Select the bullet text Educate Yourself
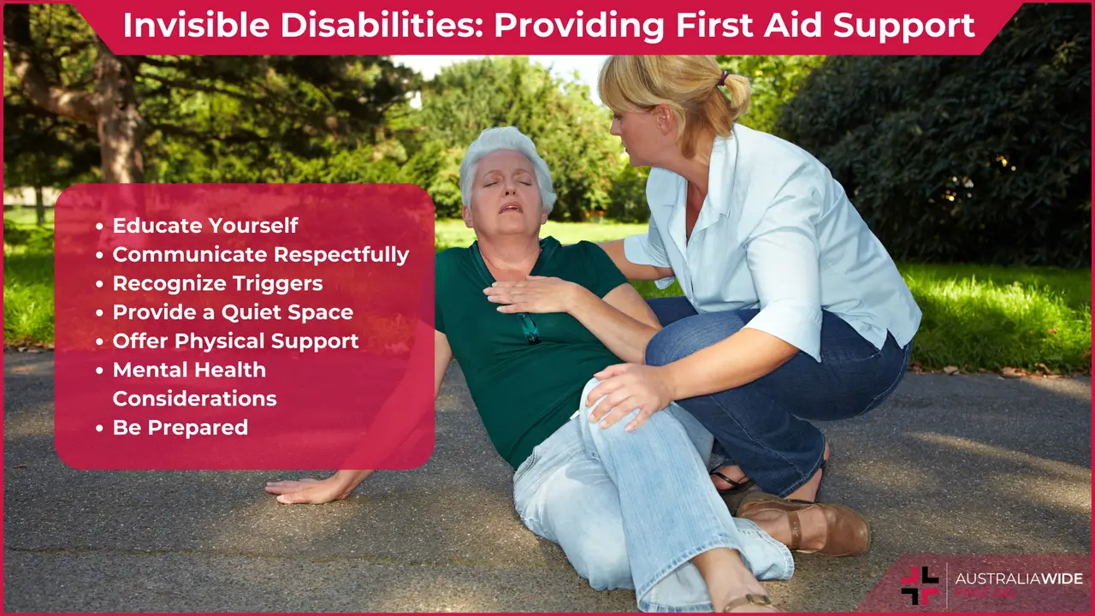(x=205, y=225)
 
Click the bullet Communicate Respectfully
(x=261, y=254)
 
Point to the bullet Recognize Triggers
(x=217, y=283)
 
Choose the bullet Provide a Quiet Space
(x=233, y=312)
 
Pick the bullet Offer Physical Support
(x=235, y=341)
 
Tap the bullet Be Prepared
(x=180, y=427)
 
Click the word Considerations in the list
(x=194, y=399)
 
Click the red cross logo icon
(x=920, y=585)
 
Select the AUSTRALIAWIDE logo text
(x=1017, y=577)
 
